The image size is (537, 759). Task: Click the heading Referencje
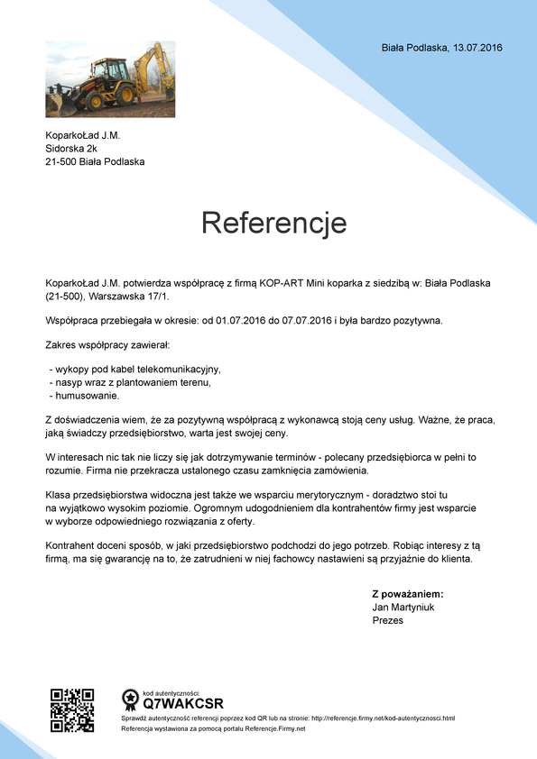(273, 222)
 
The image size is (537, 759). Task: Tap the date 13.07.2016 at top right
(477, 47)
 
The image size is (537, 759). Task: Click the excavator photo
(110, 79)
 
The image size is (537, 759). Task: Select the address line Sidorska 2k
(70, 149)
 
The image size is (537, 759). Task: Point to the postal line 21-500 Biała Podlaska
(95, 162)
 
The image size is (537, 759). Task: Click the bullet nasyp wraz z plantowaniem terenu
(130, 382)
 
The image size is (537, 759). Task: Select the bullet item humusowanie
(85, 395)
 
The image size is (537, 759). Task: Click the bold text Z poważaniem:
(408, 594)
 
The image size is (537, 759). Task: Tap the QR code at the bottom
(72, 710)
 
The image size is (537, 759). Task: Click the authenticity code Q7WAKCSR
(183, 703)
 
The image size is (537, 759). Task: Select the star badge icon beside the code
(130, 699)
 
